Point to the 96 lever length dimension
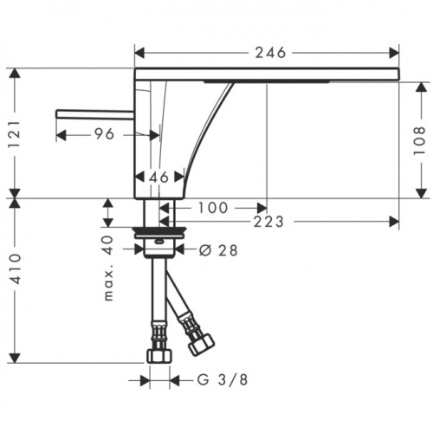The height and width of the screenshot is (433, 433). point(104,134)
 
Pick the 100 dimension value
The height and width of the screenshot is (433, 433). point(213,208)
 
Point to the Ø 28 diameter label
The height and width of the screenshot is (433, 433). point(216,251)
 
